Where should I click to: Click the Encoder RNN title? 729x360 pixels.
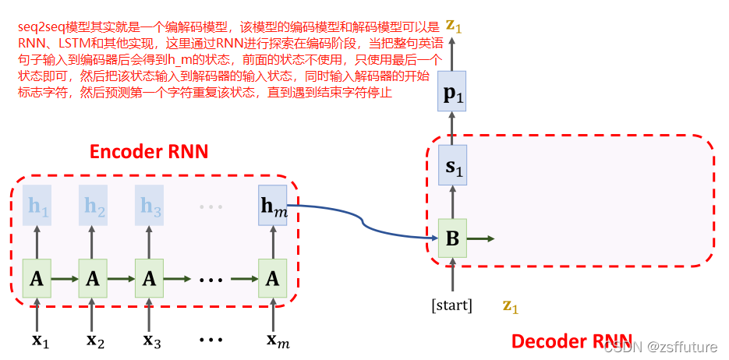[149, 151]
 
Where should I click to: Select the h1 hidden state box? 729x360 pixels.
[37, 206]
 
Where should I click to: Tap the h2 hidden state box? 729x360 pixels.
[93, 206]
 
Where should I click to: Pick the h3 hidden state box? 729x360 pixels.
[150, 206]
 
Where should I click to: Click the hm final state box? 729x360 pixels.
[272, 206]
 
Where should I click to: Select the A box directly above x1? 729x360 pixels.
[37, 277]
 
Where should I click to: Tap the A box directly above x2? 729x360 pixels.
[93, 277]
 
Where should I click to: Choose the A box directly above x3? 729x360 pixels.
[150, 277]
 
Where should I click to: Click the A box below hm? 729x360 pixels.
[272, 277]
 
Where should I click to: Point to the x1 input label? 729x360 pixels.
[39, 340]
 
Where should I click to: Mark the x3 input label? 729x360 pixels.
[151, 340]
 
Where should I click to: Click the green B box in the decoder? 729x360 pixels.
[452, 238]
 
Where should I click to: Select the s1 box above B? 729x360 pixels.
[452, 165]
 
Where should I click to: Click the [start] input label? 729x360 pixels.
[452, 305]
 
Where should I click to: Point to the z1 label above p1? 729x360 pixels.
[453, 27]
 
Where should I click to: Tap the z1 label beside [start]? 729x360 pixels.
[510, 305]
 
